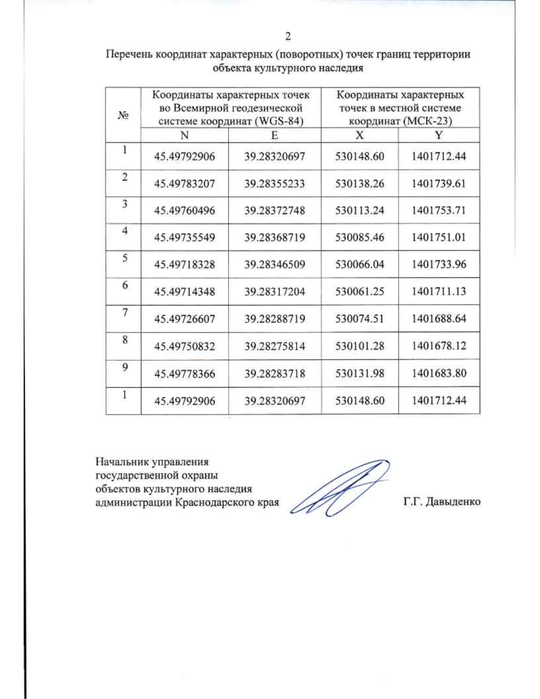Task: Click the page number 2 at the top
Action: click(x=288, y=36)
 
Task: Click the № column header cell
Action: click(x=123, y=115)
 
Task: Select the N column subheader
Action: click(x=184, y=135)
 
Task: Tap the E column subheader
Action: click(x=274, y=135)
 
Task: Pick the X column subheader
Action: click(x=360, y=135)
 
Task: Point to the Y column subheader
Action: click(x=439, y=135)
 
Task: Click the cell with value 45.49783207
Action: click(x=184, y=184)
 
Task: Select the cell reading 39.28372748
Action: click(x=274, y=211)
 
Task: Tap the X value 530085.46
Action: click(x=360, y=238)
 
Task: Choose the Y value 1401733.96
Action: click(x=439, y=264)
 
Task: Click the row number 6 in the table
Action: click(x=125, y=285)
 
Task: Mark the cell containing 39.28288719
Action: click(x=274, y=319)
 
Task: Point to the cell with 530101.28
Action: click(x=360, y=346)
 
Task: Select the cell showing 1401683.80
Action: click(x=439, y=373)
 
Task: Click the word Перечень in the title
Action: click(x=129, y=54)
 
